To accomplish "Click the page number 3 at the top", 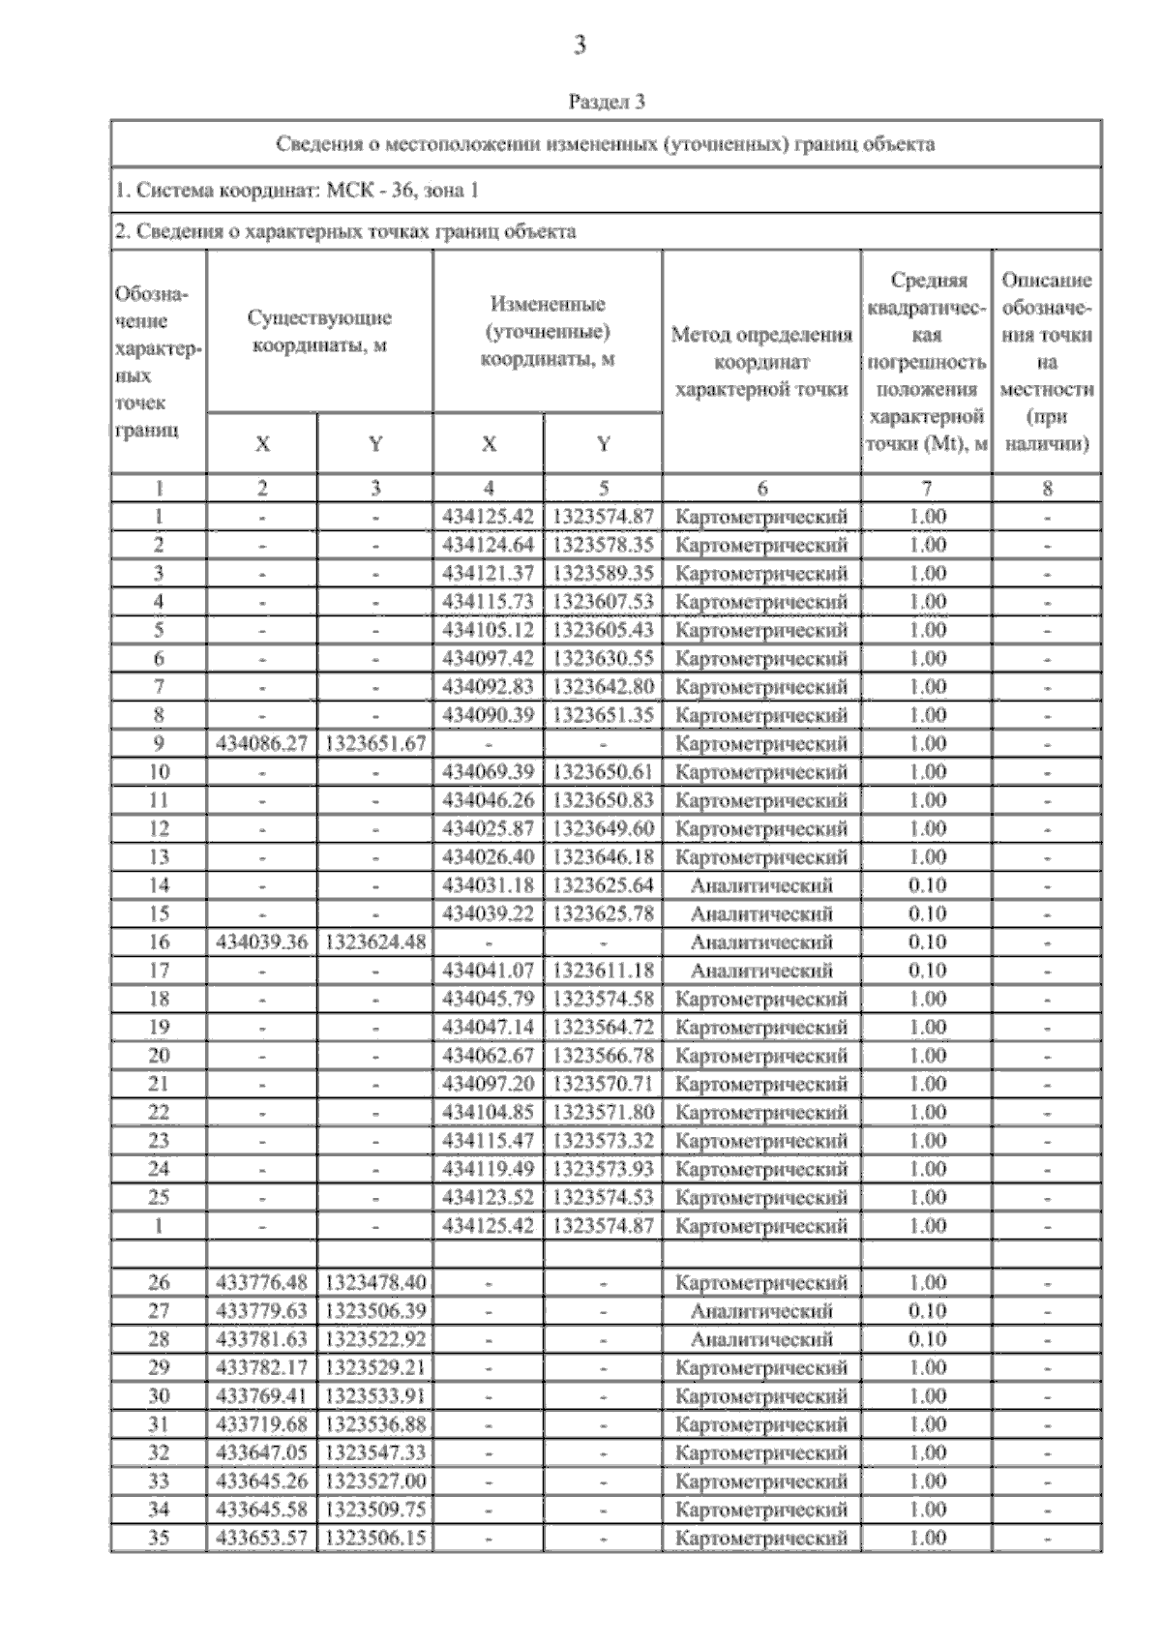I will tap(580, 45).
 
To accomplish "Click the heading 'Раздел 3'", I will tap(607, 102).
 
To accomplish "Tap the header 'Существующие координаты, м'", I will tap(319, 332).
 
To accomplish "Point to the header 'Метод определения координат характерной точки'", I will tap(761, 362).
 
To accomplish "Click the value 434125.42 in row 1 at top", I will tap(489, 517).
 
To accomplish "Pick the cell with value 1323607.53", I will tap(603, 602).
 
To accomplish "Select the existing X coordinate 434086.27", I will tap(262, 744).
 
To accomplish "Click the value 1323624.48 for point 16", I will tap(375, 942).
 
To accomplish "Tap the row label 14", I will tap(159, 885).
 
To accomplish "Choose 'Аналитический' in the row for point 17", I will tap(761, 971).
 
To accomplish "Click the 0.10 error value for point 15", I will tap(927, 914).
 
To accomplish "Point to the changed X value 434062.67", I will tap(489, 1056).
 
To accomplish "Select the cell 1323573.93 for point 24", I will tap(603, 1169).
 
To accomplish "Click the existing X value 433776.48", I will tap(262, 1283).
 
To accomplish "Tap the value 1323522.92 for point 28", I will tap(375, 1340).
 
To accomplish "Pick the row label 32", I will tap(159, 1453).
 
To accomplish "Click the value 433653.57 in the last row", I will tap(262, 1539).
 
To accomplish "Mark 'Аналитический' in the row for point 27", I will tap(761, 1311).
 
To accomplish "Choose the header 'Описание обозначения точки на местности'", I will tap(1047, 362).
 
